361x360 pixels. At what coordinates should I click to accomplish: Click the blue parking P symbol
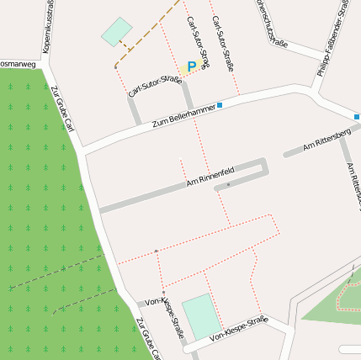191,66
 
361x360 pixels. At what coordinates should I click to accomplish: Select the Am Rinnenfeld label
210,178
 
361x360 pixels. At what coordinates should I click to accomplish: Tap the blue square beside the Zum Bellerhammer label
220,105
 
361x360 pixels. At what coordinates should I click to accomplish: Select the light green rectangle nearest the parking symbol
117,31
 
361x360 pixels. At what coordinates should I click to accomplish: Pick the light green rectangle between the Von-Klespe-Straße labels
202,316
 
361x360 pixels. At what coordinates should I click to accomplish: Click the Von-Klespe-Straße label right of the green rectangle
238,329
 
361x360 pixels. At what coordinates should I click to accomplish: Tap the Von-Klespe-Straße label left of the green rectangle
165,310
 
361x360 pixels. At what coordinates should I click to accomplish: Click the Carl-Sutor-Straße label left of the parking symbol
155,86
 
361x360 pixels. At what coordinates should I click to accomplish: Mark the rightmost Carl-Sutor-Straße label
223,43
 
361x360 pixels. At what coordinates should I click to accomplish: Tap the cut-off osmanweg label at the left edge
18,63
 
